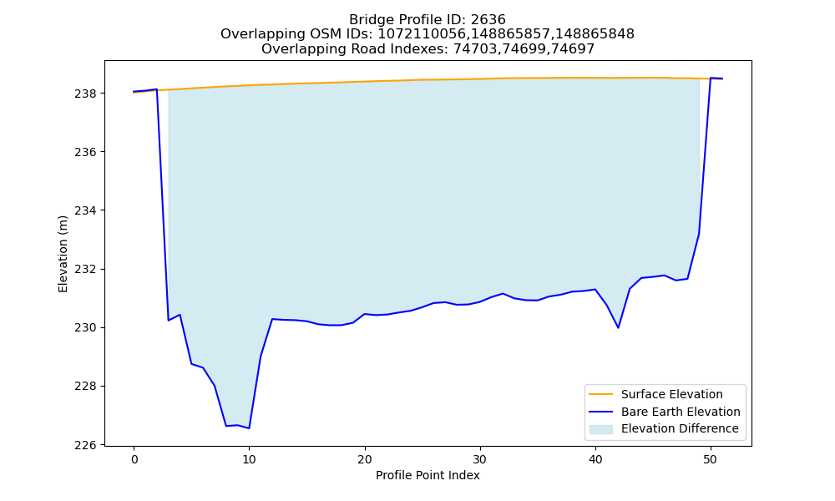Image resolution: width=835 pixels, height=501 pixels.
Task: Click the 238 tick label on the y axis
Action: pos(85,94)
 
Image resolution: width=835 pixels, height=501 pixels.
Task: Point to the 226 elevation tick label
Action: pos(85,445)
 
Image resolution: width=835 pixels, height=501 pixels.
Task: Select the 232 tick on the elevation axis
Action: pos(85,270)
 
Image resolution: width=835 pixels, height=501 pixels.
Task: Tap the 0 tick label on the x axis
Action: pos(134,459)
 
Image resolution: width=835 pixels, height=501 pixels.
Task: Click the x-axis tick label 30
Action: pos(480,459)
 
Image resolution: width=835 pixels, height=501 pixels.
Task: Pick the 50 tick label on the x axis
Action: pos(711,459)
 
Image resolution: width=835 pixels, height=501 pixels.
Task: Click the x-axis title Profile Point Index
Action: pos(428,475)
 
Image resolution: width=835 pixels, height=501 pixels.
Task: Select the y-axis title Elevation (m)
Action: pos(63,254)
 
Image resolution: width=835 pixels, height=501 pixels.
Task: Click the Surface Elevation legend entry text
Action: pos(672,394)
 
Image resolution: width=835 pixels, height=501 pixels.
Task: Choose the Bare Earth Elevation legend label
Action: pos(681,412)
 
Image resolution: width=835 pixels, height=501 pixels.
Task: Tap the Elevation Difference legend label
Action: pos(680,428)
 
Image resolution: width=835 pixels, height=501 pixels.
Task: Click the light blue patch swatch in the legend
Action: pos(600,429)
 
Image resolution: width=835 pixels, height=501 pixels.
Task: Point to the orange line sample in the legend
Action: pos(600,394)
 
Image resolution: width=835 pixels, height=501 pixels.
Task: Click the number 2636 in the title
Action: pos(488,20)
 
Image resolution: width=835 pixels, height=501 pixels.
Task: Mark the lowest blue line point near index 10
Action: pos(249,428)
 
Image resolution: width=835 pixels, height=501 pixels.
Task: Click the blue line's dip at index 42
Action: pos(618,327)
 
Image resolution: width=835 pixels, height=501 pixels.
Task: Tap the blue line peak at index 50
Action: pos(711,78)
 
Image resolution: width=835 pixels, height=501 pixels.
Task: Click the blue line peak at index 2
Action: pos(157,89)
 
